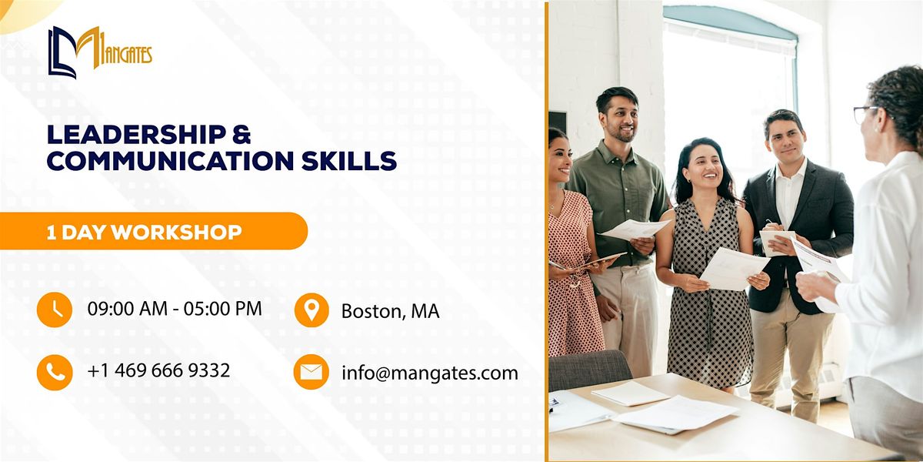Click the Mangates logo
click(100, 52)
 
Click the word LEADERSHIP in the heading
click(136, 135)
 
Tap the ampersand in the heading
click(242, 135)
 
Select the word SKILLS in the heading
click(349, 161)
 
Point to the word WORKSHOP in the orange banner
click(177, 233)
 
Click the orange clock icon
click(55, 310)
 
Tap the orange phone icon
click(55, 372)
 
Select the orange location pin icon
click(312, 310)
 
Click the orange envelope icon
click(312, 372)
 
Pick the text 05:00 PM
click(223, 309)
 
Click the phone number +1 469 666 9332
click(158, 370)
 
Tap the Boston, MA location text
click(390, 311)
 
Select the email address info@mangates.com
click(430, 373)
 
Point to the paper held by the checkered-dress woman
click(735, 269)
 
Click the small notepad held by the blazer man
click(777, 242)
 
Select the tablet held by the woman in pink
click(604, 259)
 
